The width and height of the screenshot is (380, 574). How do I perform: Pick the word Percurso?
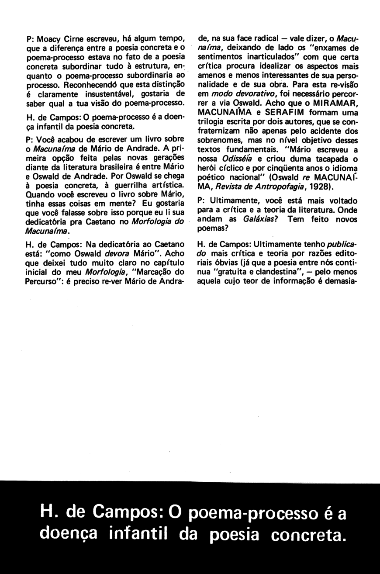click(x=45, y=282)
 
